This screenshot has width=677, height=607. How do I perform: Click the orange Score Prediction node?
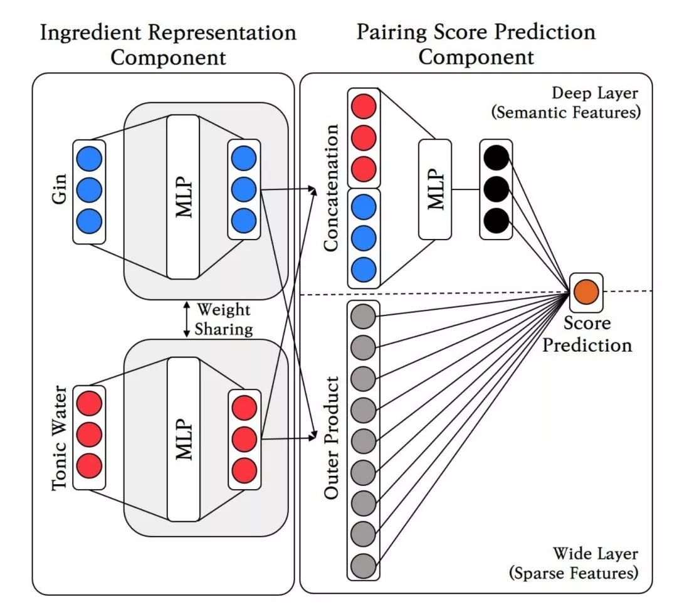pyautogui.click(x=586, y=292)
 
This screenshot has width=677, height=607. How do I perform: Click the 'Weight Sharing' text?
pyautogui.click(x=224, y=319)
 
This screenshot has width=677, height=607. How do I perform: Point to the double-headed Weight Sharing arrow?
pyautogui.click(x=186, y=319)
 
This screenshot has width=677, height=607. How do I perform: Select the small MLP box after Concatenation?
pyautogui.click(x=439, y=189)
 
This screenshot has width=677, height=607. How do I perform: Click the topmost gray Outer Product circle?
pyautogui.click(x=363, y=315)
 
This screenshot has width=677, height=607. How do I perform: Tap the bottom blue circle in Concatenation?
pyautogui.click(x=363, y=269)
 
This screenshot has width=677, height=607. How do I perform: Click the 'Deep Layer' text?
pyautogui.click(x=595, y=94)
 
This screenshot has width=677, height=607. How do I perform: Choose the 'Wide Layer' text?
pyautogui.click(x=595, y=554)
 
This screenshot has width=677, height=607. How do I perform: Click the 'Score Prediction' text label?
pyautogui.click(x=587, y=334)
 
